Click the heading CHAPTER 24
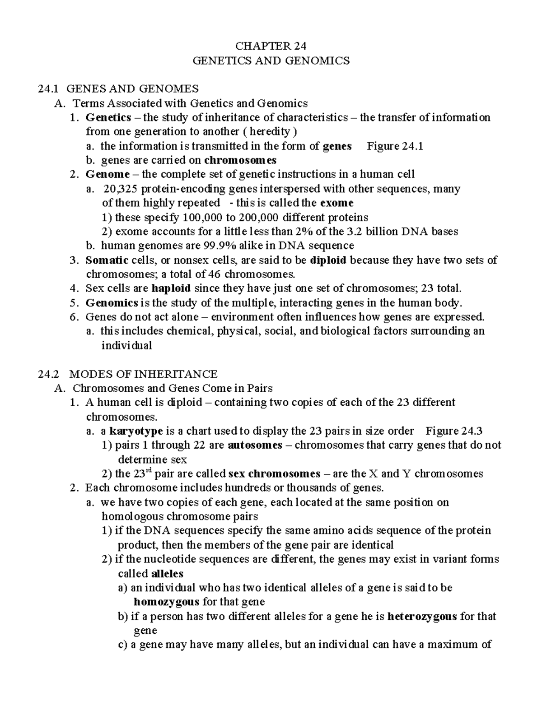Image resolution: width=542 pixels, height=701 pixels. click(x=271, y=46)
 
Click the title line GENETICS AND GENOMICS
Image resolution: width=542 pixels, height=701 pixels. click(x=271, y=60)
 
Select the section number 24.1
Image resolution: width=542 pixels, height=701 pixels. click(x=48, y=89)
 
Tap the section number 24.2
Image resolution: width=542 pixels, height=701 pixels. click(x=48, y=374)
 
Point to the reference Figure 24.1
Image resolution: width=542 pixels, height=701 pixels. click(x=395, y=146)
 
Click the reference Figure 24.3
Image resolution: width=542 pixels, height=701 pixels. click(x=454, y=431)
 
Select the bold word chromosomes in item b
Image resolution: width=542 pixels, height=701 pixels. click(x=240, y=160)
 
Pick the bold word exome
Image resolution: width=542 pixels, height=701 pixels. click(x=336, y=203)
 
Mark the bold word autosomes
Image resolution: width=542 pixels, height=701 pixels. click(x=255, y=445)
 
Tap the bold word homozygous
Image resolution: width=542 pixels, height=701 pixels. click(x=167, y=602)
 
